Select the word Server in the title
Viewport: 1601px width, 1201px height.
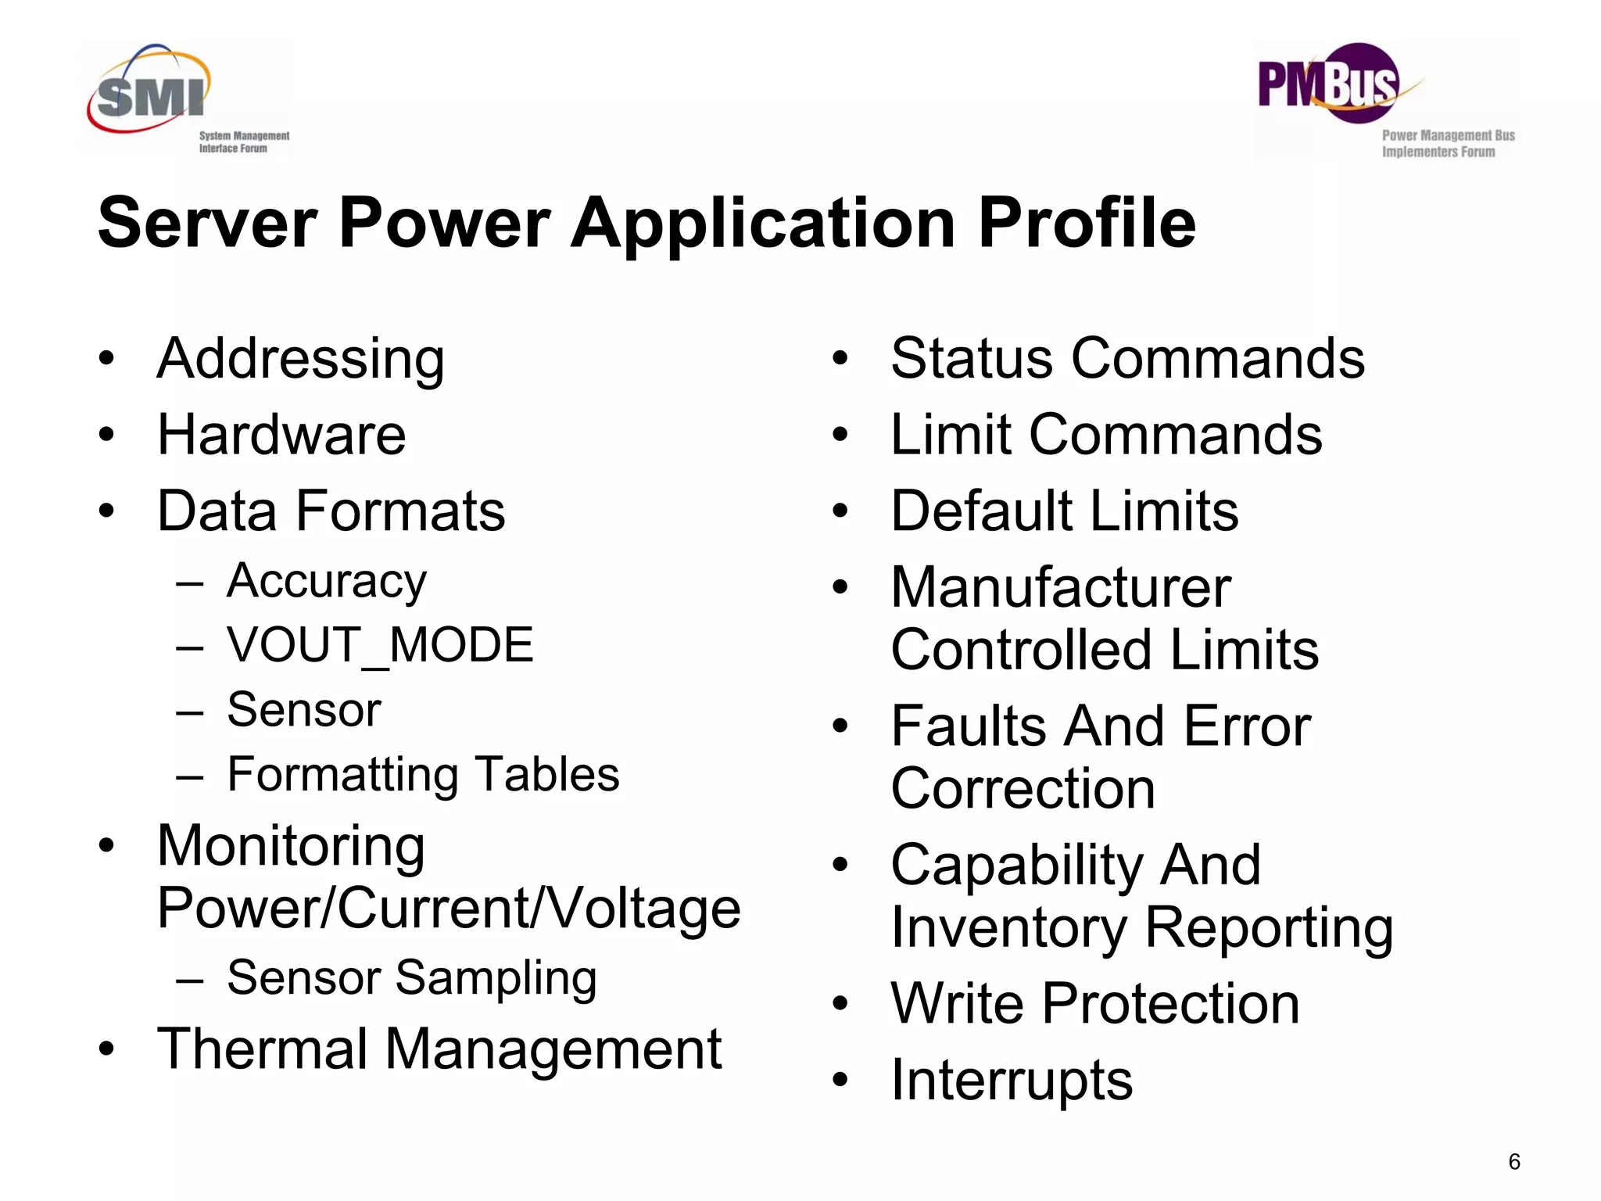coord(207,224)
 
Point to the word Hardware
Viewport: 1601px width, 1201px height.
coord(281,435)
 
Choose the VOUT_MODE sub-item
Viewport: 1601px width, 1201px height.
coord(380,646)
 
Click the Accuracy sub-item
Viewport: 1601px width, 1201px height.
coord(327,582)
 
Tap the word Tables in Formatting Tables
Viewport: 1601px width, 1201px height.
coord(547,774)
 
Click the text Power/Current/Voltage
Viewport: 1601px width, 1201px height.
coord(449,909)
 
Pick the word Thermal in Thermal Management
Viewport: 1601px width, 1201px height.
coord(261,1049)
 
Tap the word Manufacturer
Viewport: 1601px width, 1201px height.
coord(1061,587)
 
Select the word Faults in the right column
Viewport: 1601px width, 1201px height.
coord(968,726)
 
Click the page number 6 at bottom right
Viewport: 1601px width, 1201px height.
coord(1514,1162)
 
